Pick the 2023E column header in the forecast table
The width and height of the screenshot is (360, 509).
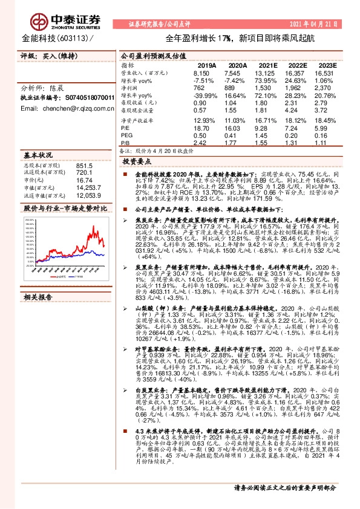327,65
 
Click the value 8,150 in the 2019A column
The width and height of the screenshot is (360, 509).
207,73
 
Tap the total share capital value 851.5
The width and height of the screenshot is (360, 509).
84,166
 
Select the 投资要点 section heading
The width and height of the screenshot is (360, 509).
137,163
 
